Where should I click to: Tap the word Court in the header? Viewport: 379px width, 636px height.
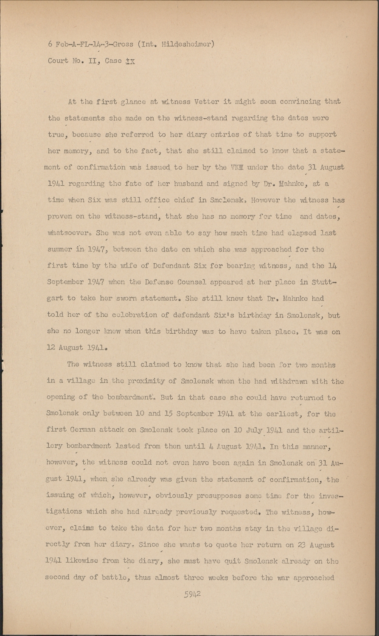click(x=58, y=61)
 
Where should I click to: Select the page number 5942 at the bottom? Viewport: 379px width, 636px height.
click(x=192, y=594)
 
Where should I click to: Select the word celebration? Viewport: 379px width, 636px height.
click(x=137, y=315)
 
